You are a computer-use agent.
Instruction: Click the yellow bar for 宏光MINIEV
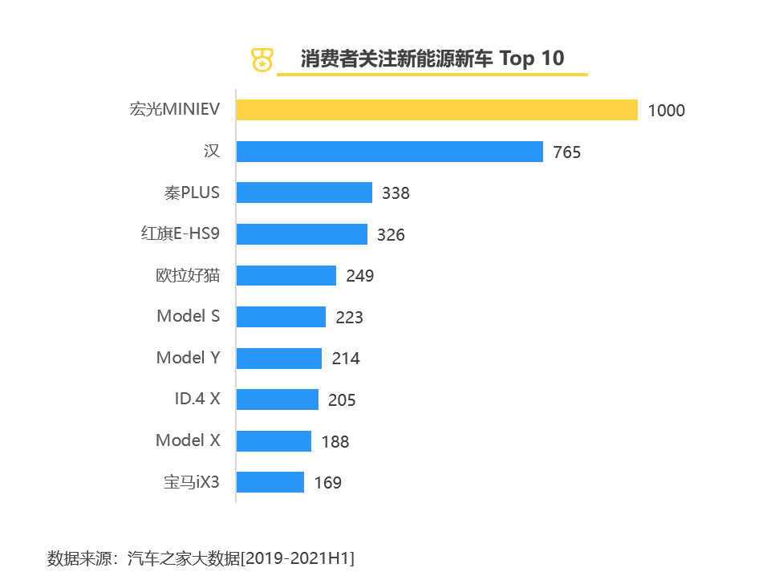437,110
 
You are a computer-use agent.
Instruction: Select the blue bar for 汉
390,152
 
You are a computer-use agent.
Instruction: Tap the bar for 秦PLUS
305,193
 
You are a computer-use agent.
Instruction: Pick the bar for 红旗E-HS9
302,234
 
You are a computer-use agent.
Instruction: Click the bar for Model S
282,317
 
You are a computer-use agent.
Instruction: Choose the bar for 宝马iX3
271,482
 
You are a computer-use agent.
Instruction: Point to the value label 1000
666,111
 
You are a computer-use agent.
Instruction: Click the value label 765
566,152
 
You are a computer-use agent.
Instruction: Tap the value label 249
360,276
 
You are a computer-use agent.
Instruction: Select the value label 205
342,399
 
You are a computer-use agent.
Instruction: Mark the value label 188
335,441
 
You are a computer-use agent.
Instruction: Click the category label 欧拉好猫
188,276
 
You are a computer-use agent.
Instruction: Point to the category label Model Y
188,358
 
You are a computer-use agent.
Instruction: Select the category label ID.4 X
197,399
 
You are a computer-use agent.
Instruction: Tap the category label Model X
188,440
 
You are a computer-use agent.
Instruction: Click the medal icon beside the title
262,59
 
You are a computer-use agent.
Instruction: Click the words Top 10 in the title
532,59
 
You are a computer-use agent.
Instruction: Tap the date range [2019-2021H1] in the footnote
298,558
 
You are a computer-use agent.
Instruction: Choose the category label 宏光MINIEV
174,110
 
